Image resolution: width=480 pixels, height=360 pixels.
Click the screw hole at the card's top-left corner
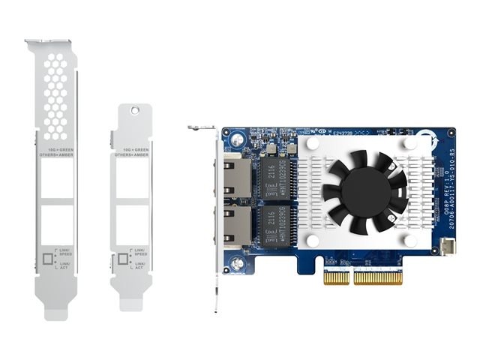(235, 139)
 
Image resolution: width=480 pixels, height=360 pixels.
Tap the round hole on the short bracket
(135, 109)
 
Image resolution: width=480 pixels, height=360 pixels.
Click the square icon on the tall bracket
(49, 259)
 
